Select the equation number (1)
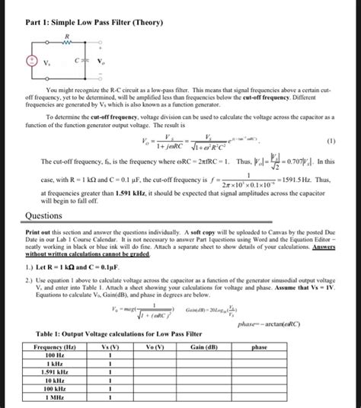(x=332, y=141)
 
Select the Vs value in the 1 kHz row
(x=110, y=364)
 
